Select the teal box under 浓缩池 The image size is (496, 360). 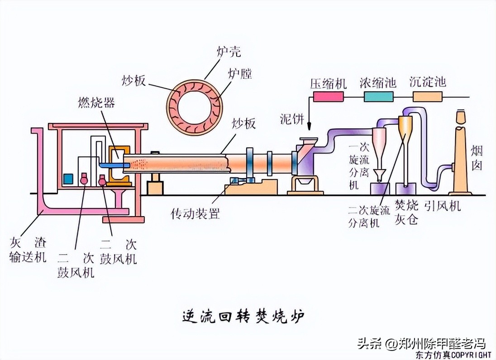pos(378,96)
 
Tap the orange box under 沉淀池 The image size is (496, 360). pos(427,96)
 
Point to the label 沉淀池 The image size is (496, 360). pos(427,82)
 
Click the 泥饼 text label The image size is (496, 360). pos(292,119)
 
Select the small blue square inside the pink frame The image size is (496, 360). pos(68,178)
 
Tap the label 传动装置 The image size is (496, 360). pos(195,213)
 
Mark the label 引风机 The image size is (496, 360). pos(442,206)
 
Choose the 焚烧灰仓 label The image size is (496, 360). pos(406,213)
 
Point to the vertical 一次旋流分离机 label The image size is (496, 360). pos(354,167)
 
